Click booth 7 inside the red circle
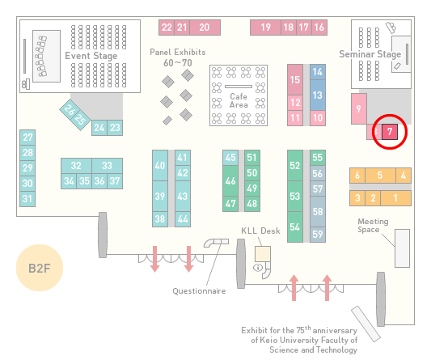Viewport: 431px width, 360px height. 390,132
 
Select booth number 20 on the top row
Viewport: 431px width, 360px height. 205,28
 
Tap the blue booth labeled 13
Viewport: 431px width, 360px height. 318,95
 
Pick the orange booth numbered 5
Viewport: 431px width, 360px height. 380,176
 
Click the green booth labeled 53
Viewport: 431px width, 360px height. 295,196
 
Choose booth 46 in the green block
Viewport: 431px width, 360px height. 230,180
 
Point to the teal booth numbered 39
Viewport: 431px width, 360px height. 160,196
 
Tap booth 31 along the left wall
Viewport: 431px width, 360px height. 27,198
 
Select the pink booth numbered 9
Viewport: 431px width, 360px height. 359,108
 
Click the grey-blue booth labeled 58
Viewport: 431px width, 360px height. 318,211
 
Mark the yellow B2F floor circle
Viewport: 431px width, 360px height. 40,268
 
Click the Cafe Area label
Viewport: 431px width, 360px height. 239,100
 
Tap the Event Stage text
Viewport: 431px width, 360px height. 91,56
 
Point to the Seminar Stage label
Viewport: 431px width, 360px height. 370,54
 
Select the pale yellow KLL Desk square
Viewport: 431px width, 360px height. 263,254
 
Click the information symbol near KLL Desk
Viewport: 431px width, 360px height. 258,267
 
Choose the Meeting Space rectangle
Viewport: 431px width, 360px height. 402,248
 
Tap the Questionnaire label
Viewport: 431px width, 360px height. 199,291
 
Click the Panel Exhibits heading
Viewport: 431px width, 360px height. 178,52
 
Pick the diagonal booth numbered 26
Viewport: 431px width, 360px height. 69,110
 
